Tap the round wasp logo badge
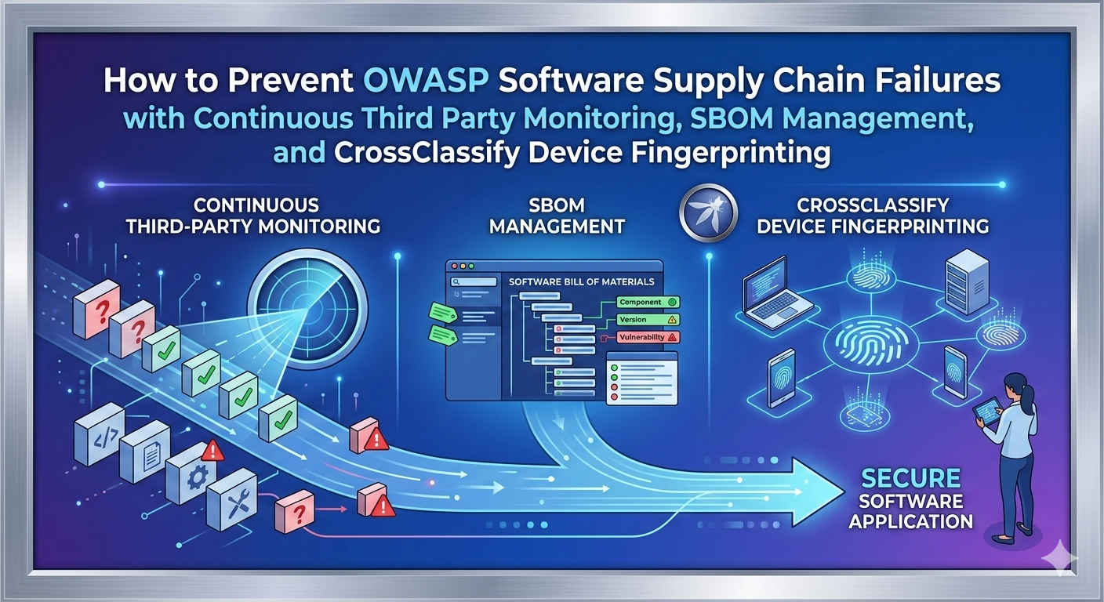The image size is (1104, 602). [708, 212]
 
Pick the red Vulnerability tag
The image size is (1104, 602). [641, 337]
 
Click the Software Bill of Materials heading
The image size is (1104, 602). [581, 281]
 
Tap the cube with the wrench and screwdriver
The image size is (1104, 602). [233, 497]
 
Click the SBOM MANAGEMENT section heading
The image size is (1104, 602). [556, 216]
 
